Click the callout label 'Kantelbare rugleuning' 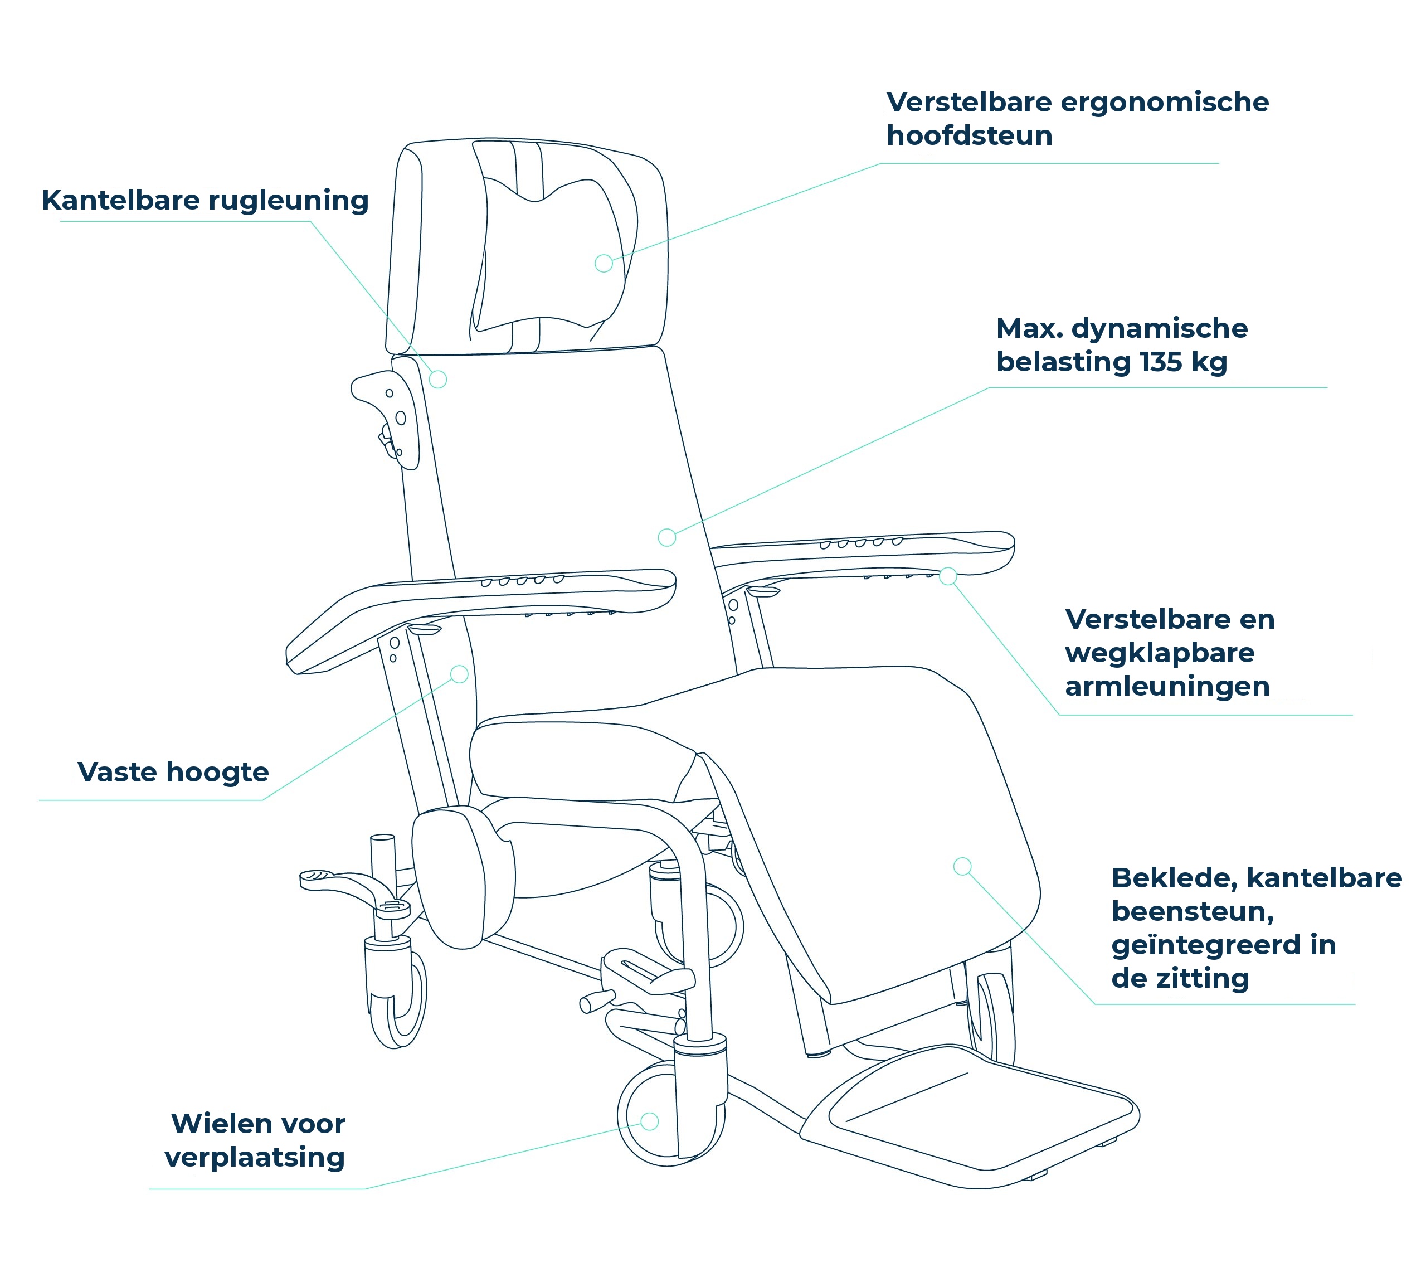pyautogui.click(x=205, y=201)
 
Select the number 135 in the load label pyautogui.click(x=1161, y=362)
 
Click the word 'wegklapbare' pyautogui.click(x=1160, y=653)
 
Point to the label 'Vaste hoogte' pyautogui.click(x=173, y=772)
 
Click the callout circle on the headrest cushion pyautogui.click(x=604, y=263)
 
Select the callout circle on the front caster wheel pyautogui.click(x=650, y=1121)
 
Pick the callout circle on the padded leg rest pyautogui.click(x=962, y=866)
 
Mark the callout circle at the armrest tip pyautogui.click(x=948, y=576)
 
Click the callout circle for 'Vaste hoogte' pyautogui.click(x=460, y=674)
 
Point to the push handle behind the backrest pyautogui.click(x=385, y=417)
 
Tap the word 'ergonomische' pyautogui.click(x=1165, y=103)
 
